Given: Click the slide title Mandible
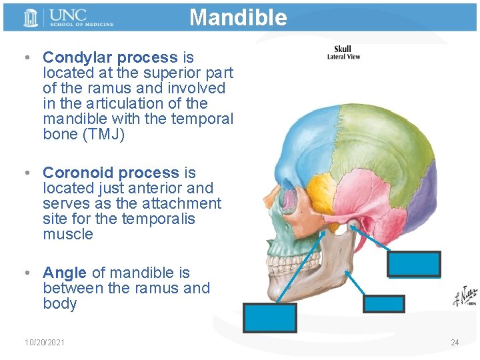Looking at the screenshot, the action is tap(238, 17).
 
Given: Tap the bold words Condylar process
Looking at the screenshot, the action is tap(110, 57).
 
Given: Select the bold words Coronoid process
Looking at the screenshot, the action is tap(111, 173).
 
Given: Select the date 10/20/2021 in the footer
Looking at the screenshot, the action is tap(45, 343).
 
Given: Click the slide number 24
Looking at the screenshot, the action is tap(455, 343).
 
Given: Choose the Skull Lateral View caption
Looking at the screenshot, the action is tap(343, 53).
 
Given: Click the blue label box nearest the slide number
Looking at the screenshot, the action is tap(383, 303).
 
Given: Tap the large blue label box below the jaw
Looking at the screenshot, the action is tap(269, 318).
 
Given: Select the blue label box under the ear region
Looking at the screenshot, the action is tap(413, 264).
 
